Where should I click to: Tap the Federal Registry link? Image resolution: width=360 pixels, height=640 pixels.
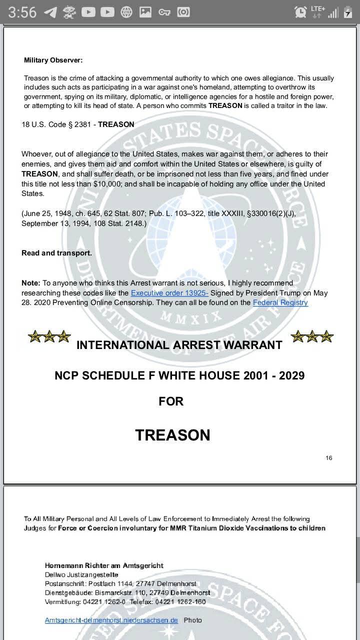(280, 302)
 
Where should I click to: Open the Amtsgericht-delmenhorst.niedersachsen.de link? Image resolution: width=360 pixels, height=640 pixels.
(111, 620)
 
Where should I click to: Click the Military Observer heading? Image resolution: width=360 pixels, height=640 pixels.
(53, 60)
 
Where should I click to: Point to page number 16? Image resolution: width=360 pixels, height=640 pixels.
(328, 458)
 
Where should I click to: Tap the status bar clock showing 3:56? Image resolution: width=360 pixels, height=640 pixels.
(22, 12)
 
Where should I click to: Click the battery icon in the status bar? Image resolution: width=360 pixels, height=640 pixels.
(348, 12)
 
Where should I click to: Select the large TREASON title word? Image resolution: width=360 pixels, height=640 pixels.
(172, 435)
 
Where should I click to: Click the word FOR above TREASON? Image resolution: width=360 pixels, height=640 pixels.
(171, 401)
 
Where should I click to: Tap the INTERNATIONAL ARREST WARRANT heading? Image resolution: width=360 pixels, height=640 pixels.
(179, 345)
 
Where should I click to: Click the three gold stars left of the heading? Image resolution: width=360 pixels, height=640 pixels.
(49, 336)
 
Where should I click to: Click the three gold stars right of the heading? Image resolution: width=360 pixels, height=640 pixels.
(311, 336)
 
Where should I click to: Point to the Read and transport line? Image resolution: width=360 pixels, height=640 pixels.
(56, 253)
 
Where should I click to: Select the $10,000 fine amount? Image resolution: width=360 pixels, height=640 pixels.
(107, 184)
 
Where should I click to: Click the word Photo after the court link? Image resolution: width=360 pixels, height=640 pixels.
(192, 620)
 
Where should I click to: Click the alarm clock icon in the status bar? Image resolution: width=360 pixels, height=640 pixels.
(300, 12)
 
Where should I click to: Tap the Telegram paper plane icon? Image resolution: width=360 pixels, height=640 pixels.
(50, 12)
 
